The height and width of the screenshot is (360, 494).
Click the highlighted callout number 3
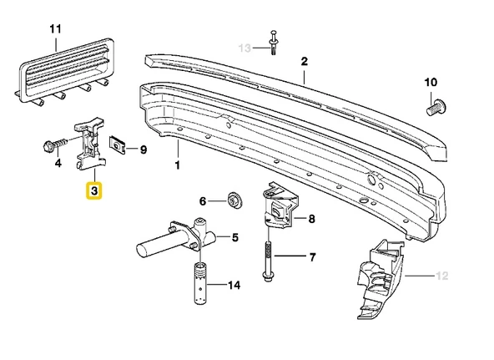click(93, 191)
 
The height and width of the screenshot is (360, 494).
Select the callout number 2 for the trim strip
click(305, 61)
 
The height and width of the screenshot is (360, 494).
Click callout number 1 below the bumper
click(177, 165)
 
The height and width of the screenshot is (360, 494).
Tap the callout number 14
click(234, 286)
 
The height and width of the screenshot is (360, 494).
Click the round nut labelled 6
click(234, 200)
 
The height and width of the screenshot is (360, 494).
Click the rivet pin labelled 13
click(273, 42)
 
